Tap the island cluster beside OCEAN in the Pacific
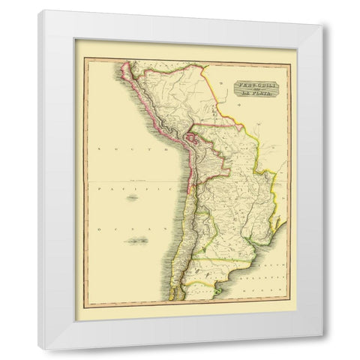pos(138,240)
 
